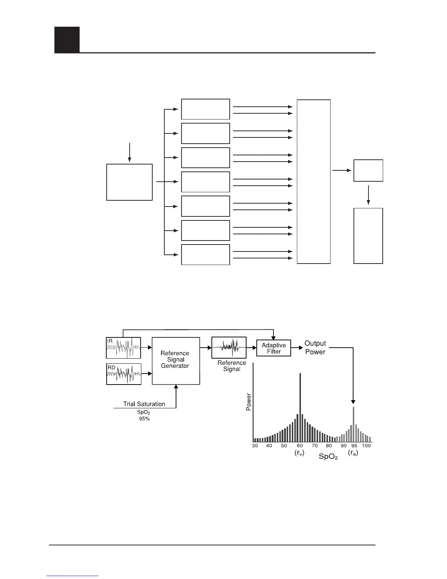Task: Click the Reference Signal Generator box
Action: click(x=176, y=360)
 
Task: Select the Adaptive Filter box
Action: click(x=274, y=348)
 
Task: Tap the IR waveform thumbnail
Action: click(x=123, y=348)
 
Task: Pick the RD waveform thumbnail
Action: click(x=123, y=374)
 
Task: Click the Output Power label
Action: click(x=315, y=348)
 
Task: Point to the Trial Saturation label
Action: click(x=144, y=404)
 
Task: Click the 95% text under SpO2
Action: click(x=144, y=419)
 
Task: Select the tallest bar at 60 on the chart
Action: click(x=300, y=407)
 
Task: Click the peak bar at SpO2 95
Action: click(x=354, y=424)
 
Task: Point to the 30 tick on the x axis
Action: click(x=255, y=446)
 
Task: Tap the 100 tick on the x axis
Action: click(x=366, y=446)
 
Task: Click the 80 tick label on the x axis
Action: click(x=329, y=446)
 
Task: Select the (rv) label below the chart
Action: click(x=299, y=453)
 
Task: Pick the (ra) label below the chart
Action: click(x=353, y=453)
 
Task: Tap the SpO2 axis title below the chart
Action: click(x=328, y=457)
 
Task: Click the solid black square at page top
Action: click(x=67, y=39)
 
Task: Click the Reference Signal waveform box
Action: click(x=229, y=348)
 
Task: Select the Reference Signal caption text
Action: click(x=232, y=366)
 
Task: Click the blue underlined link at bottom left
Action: click(x=73, y=576)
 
